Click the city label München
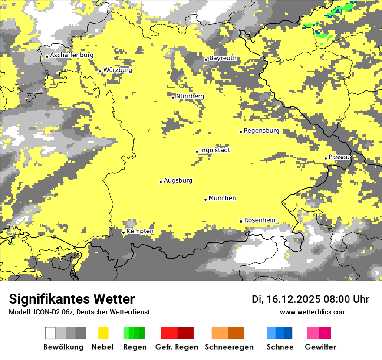coord(222,198)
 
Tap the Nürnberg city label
coord(190,96)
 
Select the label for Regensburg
coord(261,131)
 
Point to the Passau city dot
coord(326,158)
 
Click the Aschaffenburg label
coord(72,55)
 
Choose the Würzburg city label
coord(118,70)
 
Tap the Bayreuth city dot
coord(206,59)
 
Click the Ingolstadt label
coord(215,150)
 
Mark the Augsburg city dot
coord(161,182)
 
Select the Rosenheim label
coord(261,220)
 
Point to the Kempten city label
coord(140,232)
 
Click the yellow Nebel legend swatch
coord(103,333)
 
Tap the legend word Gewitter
coord(320,347)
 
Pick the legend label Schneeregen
coord(229,347)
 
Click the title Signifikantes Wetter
coord(72,299)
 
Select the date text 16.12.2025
coord(293,299)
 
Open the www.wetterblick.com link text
coord(313,312)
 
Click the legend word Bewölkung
coord(63,347)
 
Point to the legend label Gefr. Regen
coord(177,347)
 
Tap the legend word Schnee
coord(280,347)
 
